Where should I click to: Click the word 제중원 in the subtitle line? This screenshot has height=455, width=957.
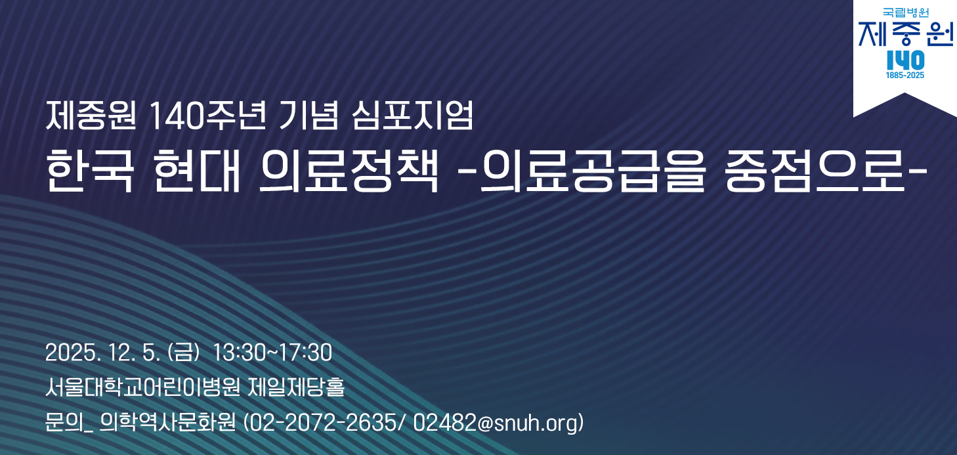click(x=91, y=116)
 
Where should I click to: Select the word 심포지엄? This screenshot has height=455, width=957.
click(x=412, y=116)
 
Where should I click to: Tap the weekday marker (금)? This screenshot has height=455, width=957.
click(x=184, y=353)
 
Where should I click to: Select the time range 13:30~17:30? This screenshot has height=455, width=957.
click(x=272, y=353)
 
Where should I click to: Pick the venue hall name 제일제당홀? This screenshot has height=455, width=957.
click(x=296, y=387)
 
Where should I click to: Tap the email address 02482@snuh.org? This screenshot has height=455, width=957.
click(x=495, y=423)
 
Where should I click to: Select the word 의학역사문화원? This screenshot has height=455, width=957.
click(x=167, y=423)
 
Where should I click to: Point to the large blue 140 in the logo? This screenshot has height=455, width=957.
click(x=905, y=60)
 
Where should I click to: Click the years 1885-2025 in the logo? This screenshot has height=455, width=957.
click(x=905, y=76)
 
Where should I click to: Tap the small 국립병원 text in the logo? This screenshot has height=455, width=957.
click(x=905, y=13)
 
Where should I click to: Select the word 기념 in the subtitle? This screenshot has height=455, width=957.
click(x=308, y=116)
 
